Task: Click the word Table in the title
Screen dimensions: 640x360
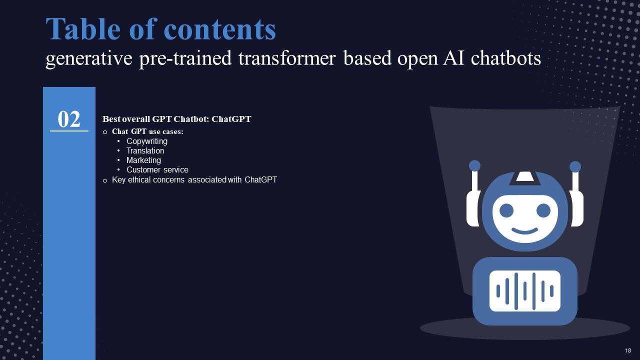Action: (83, 28)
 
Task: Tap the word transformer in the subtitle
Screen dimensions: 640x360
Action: (287, 58)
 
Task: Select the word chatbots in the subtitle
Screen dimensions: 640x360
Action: (505, 58)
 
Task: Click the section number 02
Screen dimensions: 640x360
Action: (69, 119)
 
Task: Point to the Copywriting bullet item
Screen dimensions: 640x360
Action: (147, 141)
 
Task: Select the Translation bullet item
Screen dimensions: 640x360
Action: (145, 150)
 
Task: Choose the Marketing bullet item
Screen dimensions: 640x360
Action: (143, 160)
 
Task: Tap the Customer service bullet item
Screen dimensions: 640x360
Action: (157, 169)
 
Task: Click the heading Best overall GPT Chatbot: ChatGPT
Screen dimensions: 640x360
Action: (177, 119)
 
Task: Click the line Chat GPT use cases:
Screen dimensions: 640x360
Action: (147, 131)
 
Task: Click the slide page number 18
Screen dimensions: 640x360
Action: (628, 350)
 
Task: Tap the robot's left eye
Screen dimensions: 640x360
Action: (506, 210)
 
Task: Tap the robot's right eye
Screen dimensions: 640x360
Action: (543, 210)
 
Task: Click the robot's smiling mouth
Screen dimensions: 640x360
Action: (524, 230)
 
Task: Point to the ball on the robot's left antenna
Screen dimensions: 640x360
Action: (474, 165)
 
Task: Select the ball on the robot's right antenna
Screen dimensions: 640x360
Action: (575, 167)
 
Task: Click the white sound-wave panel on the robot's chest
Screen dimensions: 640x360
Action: (525, 291)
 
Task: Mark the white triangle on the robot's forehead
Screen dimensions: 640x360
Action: (525, 176)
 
